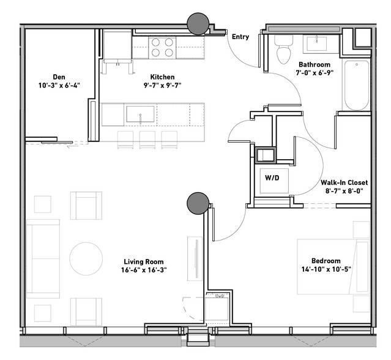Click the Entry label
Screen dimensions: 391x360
(x=240, y=37)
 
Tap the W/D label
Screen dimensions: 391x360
(x=272, y=178)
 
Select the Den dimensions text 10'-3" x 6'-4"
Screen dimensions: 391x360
(x=59, y=85)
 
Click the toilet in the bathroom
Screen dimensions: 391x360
(x=283, y=49)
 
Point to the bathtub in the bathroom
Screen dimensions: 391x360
(x=357, y=85)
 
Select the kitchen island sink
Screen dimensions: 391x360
(x=140, y=114)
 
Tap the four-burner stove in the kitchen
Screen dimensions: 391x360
(x=162, y=48)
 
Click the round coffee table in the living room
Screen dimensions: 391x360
(x=86, y=259)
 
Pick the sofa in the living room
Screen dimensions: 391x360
(x=43, y=259)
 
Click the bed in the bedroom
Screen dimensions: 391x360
(x=333, y=266)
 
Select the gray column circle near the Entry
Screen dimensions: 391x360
(x=198, y=24)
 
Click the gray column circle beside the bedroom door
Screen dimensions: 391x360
(x=198, y=203)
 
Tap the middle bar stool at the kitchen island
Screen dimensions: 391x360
(x=147, y=140)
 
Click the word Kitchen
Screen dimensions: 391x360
(x=162, y=77)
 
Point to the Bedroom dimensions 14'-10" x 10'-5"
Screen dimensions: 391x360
(x=326, y=269)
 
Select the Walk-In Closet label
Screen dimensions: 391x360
(x=344, y=182)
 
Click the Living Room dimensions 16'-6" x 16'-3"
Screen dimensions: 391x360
(x=144, y=270)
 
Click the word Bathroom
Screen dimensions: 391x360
(x=315, y=65)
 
